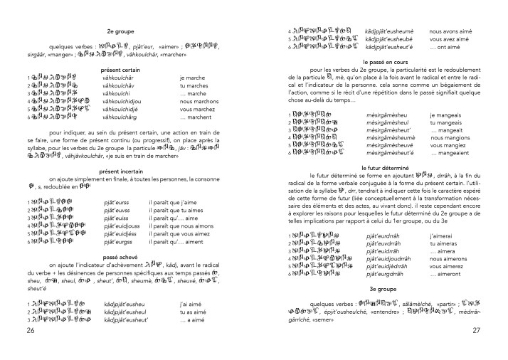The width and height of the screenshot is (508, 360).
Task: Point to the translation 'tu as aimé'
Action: coord(196,312)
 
